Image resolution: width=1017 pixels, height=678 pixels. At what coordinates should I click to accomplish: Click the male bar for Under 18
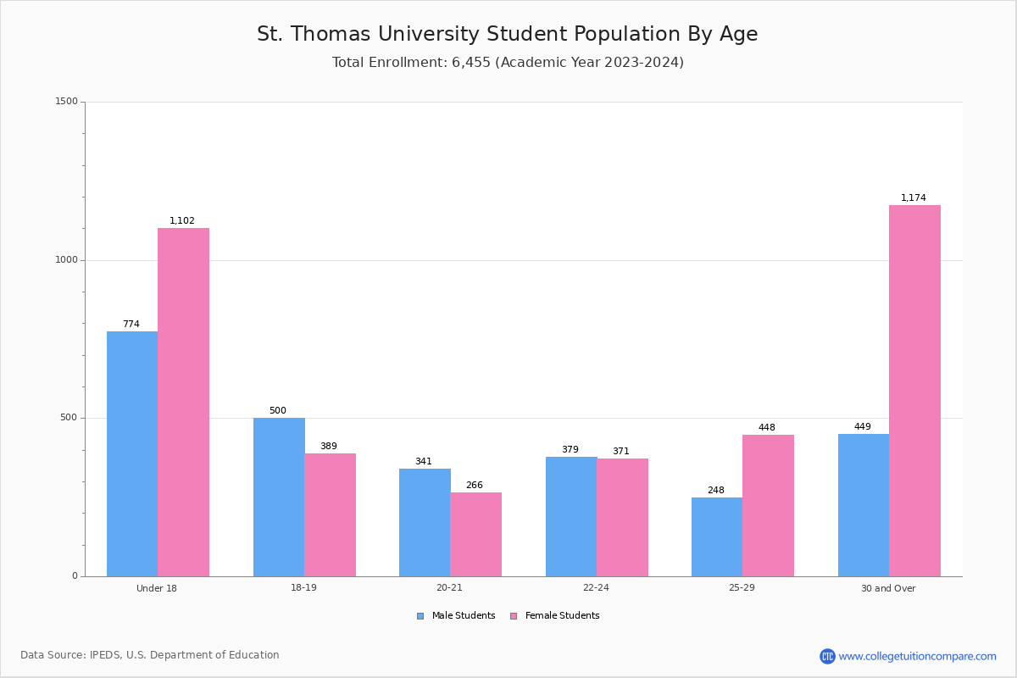click(132, 453)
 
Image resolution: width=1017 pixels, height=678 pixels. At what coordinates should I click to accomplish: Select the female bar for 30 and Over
click(914, 391)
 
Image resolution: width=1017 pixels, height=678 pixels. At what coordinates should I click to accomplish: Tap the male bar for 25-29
click(717, 536)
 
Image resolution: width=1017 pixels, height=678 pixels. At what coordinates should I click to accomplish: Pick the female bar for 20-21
click(475, 534)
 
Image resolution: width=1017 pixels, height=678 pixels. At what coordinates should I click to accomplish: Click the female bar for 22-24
click(622, 517)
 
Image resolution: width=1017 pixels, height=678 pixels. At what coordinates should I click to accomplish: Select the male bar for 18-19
click(279, 497)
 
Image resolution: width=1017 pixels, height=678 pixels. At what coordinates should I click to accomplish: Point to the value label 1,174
click(914, 198)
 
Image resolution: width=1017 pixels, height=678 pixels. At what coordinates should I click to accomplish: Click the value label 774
click(131, 325)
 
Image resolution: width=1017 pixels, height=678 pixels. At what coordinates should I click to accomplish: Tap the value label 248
click(716, 491)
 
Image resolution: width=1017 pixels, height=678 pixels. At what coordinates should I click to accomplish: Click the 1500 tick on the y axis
click(67, 102)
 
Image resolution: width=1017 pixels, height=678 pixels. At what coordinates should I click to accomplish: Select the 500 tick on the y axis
click(69, 418)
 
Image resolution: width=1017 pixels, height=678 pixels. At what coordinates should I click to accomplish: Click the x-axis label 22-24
click(596, 588)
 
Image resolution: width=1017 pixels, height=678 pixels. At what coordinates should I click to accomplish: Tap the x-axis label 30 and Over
click(888, 588)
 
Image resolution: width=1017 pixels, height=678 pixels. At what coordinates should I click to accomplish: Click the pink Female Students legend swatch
click(514, 616)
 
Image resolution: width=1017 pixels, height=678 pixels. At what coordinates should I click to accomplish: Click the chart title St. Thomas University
click(508, 34)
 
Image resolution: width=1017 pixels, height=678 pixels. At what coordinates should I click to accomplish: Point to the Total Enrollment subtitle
click(508, 63)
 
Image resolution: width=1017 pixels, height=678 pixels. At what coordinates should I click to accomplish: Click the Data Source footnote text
click(150, 655)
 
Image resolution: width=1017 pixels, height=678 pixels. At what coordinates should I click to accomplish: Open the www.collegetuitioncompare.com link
click(917, 656)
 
